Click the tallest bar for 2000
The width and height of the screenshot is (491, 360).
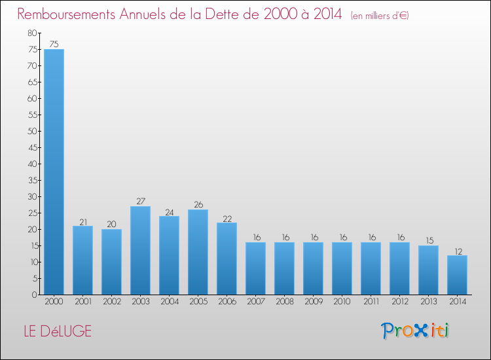pos(54,172)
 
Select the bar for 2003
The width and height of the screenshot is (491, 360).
pos(140,251)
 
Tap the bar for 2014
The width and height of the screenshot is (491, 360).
pos(457,275)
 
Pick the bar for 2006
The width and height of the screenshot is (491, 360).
pos(227,259)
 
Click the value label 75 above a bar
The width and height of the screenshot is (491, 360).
pos(54,44)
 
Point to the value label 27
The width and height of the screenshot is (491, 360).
pos(141,201)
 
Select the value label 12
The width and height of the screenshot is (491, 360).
pos(458,251)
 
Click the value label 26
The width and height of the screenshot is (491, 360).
pos(198,204)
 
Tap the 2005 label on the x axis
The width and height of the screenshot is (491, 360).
pos(198,302)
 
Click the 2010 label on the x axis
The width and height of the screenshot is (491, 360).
pos(342,302)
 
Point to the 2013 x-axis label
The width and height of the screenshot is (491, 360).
pos(428,302)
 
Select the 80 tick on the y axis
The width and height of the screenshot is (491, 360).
pos(32,33)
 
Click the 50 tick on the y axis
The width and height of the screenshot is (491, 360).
pos(32,131)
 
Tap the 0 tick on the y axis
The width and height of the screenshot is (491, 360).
pos(34,295)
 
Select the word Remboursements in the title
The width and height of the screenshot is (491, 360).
pos(66,14)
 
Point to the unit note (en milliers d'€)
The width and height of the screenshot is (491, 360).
pos(380,16)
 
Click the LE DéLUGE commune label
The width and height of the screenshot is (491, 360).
pos(58,331)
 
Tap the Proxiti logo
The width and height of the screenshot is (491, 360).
pos(415,331)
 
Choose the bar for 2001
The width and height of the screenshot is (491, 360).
pos(82,260)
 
